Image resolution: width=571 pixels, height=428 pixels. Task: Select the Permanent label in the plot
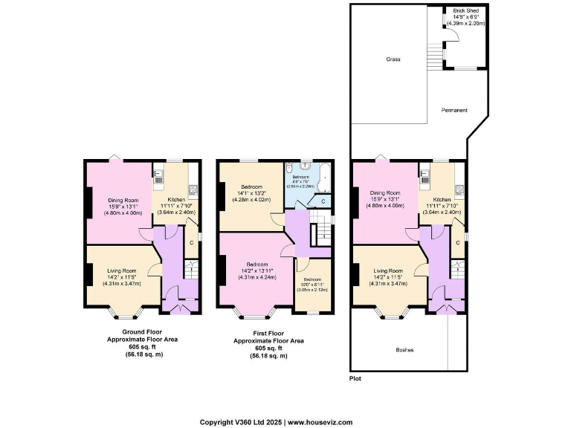(x=455, y=110)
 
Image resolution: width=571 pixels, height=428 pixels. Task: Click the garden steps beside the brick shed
(x=435, y=52)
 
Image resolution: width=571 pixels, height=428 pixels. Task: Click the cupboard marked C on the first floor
(x=323, y=201)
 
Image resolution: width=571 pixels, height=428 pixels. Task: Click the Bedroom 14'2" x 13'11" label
(x=257, y=270)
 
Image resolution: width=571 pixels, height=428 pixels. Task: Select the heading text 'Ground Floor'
(x=141, y=331)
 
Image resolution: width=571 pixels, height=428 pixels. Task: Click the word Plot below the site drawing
(x=356, y=378)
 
